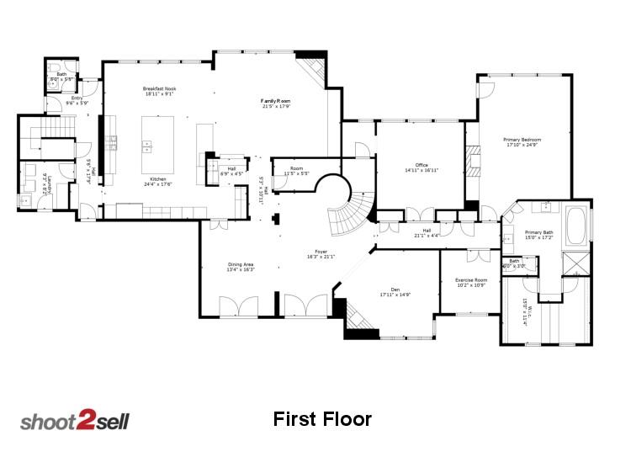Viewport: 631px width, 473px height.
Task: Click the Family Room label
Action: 275,101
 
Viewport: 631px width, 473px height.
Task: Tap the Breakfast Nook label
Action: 159,89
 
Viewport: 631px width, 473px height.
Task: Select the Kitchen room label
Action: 157,179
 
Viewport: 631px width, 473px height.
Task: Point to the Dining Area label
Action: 241,265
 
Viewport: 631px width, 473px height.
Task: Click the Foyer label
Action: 321,252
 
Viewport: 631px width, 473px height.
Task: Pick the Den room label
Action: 395,289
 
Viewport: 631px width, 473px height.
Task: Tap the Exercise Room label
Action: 471,279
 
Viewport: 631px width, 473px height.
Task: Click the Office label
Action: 422,165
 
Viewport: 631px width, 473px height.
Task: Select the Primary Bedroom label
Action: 522,140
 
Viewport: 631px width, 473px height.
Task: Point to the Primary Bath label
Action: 538,232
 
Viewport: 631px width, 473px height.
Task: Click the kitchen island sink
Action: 146,144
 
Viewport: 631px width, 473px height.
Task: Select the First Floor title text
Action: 322,419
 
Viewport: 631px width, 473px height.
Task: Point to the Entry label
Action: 77,98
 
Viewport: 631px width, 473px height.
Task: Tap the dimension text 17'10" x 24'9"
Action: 522,146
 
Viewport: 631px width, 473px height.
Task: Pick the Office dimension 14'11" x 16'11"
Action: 422,171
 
